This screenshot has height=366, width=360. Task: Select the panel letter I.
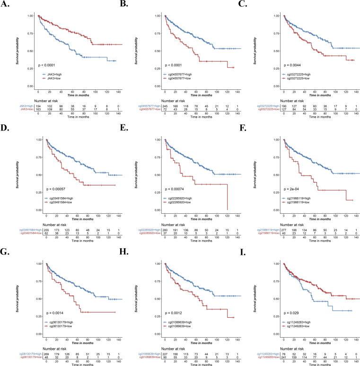pos(248,249)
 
